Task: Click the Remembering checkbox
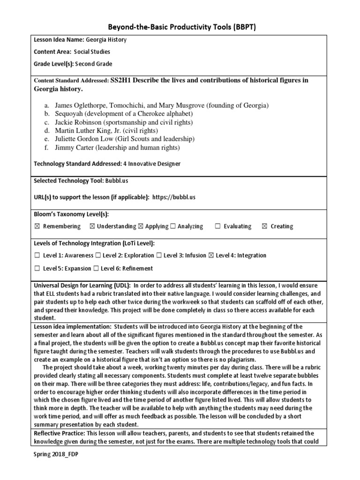tap(37, 226)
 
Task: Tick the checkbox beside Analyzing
tap(173, 226)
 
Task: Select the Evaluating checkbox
tap(217, 226)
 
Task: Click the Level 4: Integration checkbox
tap(210, 255)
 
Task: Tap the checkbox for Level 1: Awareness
tap(37, 255)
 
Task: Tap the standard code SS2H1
tap(123, 80)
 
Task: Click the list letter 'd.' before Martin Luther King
tap(47, 130)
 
